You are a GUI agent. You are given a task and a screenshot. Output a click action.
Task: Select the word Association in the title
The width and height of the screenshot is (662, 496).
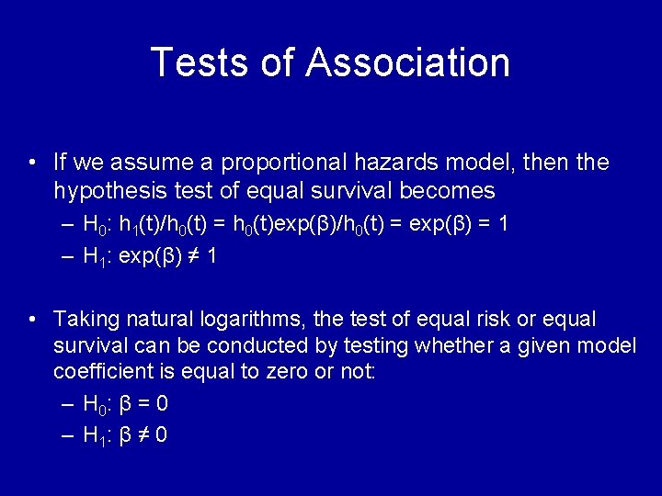click(408, 62)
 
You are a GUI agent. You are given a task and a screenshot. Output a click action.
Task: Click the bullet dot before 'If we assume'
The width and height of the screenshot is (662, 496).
click(32, 163)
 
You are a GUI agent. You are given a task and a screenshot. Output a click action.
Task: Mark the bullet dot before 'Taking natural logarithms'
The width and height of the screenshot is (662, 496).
click(32, 320)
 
